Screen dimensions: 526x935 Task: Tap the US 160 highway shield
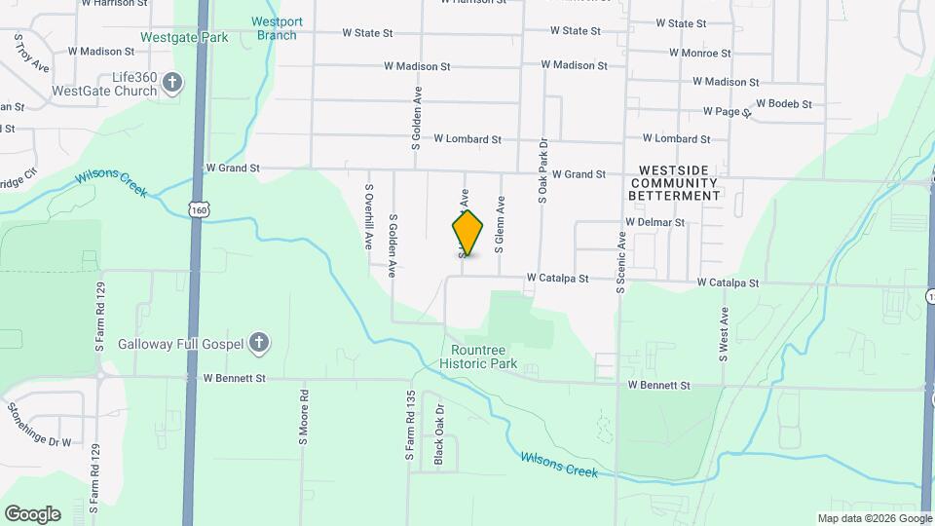(x=199, y=209)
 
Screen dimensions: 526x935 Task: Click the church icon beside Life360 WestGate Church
(x=172, y=82)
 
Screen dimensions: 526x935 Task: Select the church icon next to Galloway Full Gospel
(x=258, y=342)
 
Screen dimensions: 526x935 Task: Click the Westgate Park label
(x=183, y=37)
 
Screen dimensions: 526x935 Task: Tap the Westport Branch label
(x=277, y=28)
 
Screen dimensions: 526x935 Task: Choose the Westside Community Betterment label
(x=679, y=183)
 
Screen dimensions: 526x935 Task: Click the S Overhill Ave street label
(x=369, y=217)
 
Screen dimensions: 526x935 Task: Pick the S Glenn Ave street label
(x=500, y=225)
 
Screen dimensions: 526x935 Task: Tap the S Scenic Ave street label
(x=619, y=262)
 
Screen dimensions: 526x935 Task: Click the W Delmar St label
(x=654, y=222)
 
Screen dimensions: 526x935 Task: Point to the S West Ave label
(x=724, y=334)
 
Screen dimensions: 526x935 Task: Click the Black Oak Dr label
(x=438, y=433)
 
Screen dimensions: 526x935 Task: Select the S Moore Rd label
(x=304, y=419)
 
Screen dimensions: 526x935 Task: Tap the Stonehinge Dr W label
(x=40, y=424)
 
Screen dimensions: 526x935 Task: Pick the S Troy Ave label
(x=30, y=53)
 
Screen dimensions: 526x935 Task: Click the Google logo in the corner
(x=32, y=513)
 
